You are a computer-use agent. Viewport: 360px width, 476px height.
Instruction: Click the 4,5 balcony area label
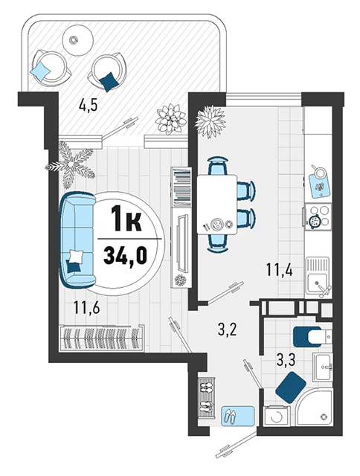[x=88, y=105]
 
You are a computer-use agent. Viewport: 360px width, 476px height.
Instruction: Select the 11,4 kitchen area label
[x=279, y=270]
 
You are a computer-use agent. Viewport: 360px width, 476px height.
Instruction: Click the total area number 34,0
[x=125, y=255]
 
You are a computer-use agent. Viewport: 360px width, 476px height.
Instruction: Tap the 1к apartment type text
[x=126, y=218]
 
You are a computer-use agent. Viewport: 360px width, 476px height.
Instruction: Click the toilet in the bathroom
[x=312, y=336]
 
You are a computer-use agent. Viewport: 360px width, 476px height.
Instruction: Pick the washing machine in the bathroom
[x=276, y=416]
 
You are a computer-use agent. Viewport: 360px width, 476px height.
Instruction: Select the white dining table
[x=216, y=205]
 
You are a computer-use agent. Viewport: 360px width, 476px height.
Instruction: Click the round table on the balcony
[x=77, y=40]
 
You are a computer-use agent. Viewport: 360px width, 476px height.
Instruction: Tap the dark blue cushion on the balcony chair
[x=109, y=81]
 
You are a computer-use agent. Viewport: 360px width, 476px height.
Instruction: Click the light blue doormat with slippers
[x=237, y=416]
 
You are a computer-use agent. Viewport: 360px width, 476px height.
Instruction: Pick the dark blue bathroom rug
[x=291, y=387]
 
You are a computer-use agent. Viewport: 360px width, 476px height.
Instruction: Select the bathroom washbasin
[x=323, y=367]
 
